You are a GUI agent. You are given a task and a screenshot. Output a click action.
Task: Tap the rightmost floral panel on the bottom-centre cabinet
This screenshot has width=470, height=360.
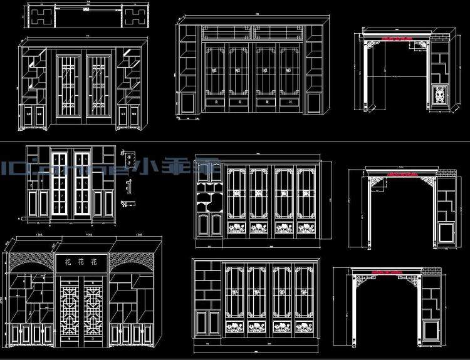(305, 328)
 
